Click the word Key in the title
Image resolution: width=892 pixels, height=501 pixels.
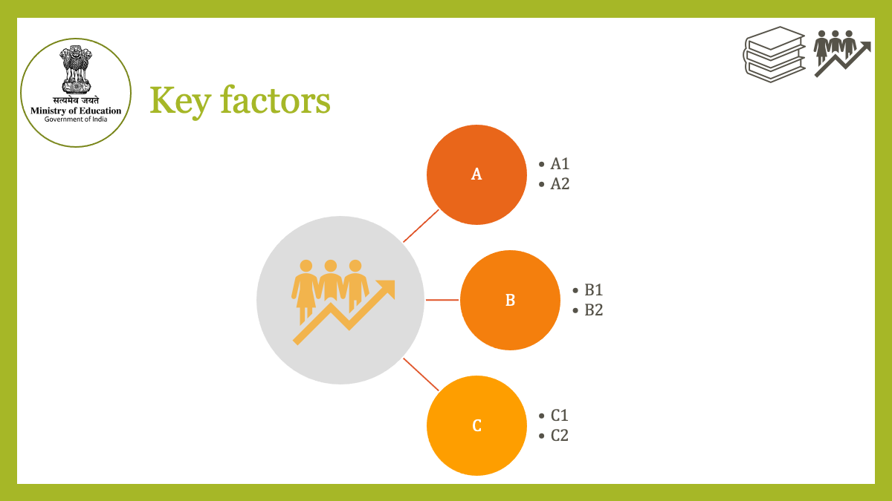(x=180, y=102)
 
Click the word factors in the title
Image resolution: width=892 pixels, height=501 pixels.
(x=276, y=100)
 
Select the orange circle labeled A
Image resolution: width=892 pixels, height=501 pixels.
(x=476, y=174)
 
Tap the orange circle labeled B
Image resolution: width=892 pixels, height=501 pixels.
(x=510, y=300)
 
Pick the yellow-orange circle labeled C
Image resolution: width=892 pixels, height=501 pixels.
(x=476, y=425)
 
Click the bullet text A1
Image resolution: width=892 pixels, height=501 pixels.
(x=560, y=164)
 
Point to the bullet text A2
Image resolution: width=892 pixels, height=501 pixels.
(x=560, y=184)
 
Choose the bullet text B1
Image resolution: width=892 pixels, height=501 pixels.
(x=593, y=290)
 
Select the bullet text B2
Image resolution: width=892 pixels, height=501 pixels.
(x=593, y=310)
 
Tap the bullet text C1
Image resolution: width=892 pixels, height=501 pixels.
(x=560, y=416)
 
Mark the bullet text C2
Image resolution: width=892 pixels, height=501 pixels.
(x=560, y=436)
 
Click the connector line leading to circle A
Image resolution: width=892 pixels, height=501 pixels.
(x=421, y=226)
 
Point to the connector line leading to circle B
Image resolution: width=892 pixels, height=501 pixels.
(x=442, y=300)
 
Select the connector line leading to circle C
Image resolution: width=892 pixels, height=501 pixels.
(x=421, y=374)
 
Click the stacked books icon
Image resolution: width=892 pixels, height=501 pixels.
(x=774, y=54)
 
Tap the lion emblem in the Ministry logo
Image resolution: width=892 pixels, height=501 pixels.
(x=76, y=70)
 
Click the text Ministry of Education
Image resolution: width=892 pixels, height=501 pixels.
(x=76, y=111)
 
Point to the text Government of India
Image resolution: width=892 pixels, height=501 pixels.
(x=76, y=119)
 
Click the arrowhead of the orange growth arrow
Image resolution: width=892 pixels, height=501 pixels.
(x=387, y=288)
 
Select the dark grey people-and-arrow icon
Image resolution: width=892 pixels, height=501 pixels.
(x=841, y=53)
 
